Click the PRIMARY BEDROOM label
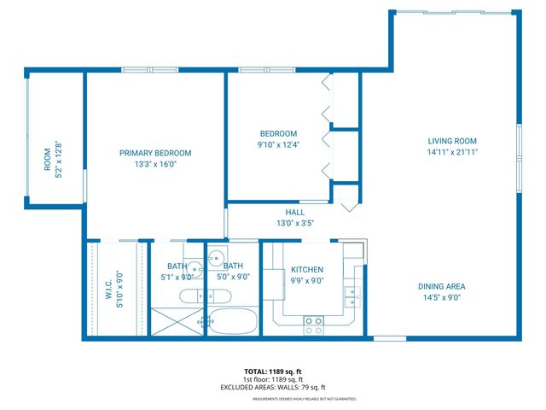154,153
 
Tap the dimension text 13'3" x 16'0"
154,165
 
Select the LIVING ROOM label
452,141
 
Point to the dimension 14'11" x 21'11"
452,153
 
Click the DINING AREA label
441,287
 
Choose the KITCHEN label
306,270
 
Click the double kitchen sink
351,296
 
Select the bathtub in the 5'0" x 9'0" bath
231,323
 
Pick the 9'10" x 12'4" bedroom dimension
278,145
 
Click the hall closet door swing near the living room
350,206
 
